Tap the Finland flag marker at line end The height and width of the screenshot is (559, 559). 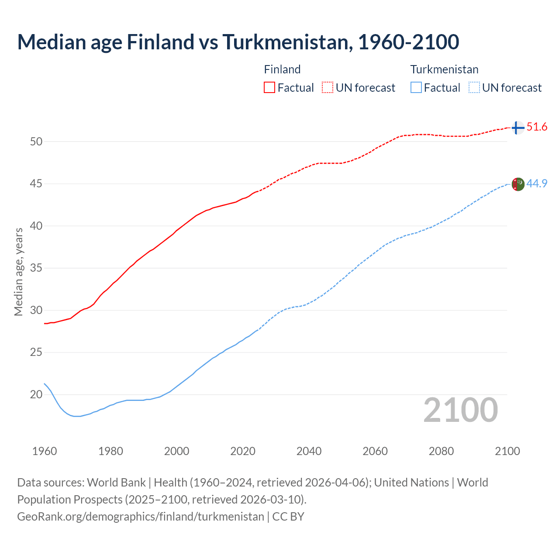tap(518, 128)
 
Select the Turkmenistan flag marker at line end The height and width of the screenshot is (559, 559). tap(518, 184)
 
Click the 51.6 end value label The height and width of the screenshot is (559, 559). tap(537, 127)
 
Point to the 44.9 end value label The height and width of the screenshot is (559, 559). tap(537, 184)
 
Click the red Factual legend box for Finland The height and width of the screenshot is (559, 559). tap(269, 87)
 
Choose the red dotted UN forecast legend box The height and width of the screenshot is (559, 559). tap(328, 87)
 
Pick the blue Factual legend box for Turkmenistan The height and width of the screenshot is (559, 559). tap(416, 87)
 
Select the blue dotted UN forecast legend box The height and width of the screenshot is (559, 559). tap(474, 87)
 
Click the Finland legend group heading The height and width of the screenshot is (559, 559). tap(282, 69)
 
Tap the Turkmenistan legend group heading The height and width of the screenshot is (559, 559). tap(444, 69)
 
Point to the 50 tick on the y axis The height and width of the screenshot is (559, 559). tap(36, 141)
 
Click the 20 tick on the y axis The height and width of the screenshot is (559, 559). tap(36, 394)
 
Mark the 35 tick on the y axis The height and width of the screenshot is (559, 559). tap(36, 268)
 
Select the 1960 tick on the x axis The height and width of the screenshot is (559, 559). tap(45, 451)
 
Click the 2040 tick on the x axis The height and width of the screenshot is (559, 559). tap(309, 451)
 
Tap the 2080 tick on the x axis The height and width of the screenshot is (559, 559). tap(441, 451)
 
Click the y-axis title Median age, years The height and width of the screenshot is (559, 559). tap(18, 272)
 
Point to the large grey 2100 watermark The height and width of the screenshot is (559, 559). tap(461, 410)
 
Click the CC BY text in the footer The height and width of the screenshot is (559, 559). tap(288, 517)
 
